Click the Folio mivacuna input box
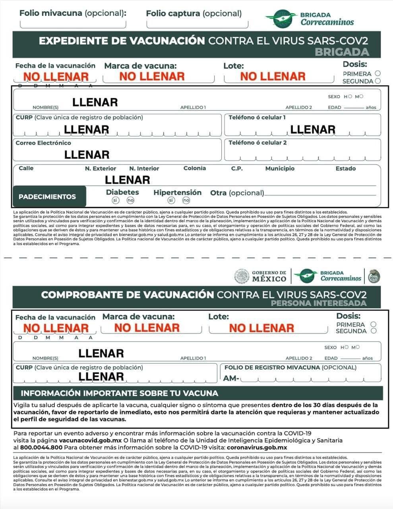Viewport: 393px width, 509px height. coord(73,23)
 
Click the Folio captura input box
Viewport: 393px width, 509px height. coord(197,23)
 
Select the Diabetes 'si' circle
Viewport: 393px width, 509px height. coord(115,200)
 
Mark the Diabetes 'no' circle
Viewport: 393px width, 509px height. coord(130,200)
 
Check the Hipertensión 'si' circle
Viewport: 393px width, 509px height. coord(171,200)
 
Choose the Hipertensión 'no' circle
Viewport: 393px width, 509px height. coord(186,200)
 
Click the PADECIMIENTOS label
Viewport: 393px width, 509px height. coord(47,196)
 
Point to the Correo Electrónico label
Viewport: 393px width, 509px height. coord(43,143)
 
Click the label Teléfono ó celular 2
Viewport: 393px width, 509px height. coord(257,142)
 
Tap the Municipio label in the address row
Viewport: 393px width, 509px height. coord(280,168)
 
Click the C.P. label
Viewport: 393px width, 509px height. coord(237,168)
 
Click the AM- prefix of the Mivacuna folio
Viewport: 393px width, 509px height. coord(231,378)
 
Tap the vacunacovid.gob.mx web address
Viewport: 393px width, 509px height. coord(90,440)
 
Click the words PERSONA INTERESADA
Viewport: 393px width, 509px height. coord(318,303)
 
